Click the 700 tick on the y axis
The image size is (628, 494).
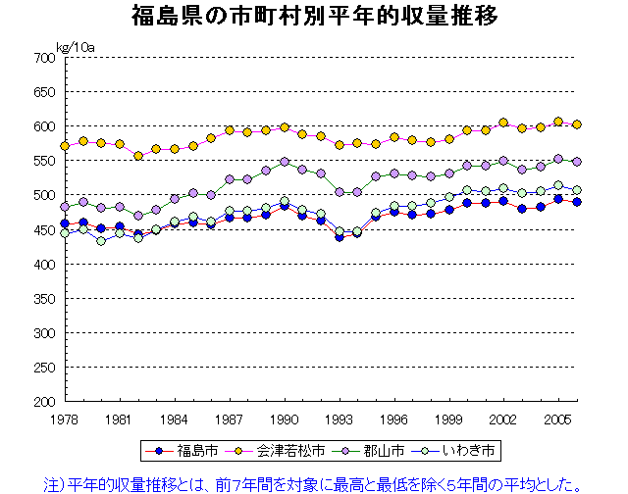(x=42, y=58)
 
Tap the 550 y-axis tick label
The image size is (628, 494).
(x=42, y=161)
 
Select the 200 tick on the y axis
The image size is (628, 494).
(x=42, y=402)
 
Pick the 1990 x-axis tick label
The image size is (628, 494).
(x=285, y=419)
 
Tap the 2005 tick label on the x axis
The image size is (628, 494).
(x=558, y=419)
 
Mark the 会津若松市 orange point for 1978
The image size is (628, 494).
(x=65, y=146)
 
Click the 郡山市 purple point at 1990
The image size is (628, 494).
(x=285, y=162)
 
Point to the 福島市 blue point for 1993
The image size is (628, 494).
(x=340, y=236)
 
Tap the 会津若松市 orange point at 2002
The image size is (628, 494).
(x=503, y=123)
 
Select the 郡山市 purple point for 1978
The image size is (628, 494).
(x=65, y=207)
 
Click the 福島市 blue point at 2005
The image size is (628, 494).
(x=558, y=198)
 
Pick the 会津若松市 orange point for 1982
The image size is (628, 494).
(x=138, y=156)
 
